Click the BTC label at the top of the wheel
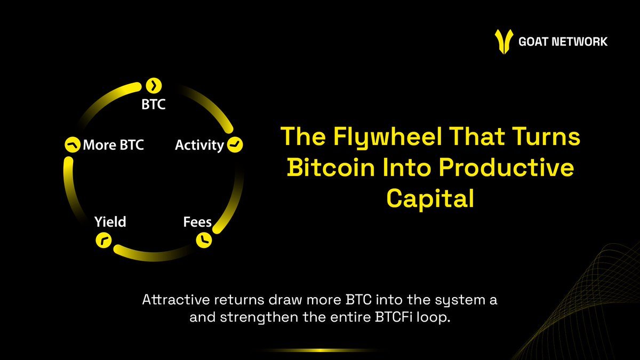click(x=154, y=104)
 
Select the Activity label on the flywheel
click(x=199, y=145)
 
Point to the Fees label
click(x=197, y=221)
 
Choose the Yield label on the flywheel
click(x=110, y=221)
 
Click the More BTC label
click(x=113, y=145)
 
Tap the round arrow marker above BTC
click(x=154, y=85)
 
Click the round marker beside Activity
click(x=235, y=145)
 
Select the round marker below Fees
click(x=204, y=240)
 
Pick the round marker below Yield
click(x=103, y=241)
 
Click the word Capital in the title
click(x=430, y=198)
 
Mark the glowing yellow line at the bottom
click(x=320, y=350)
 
